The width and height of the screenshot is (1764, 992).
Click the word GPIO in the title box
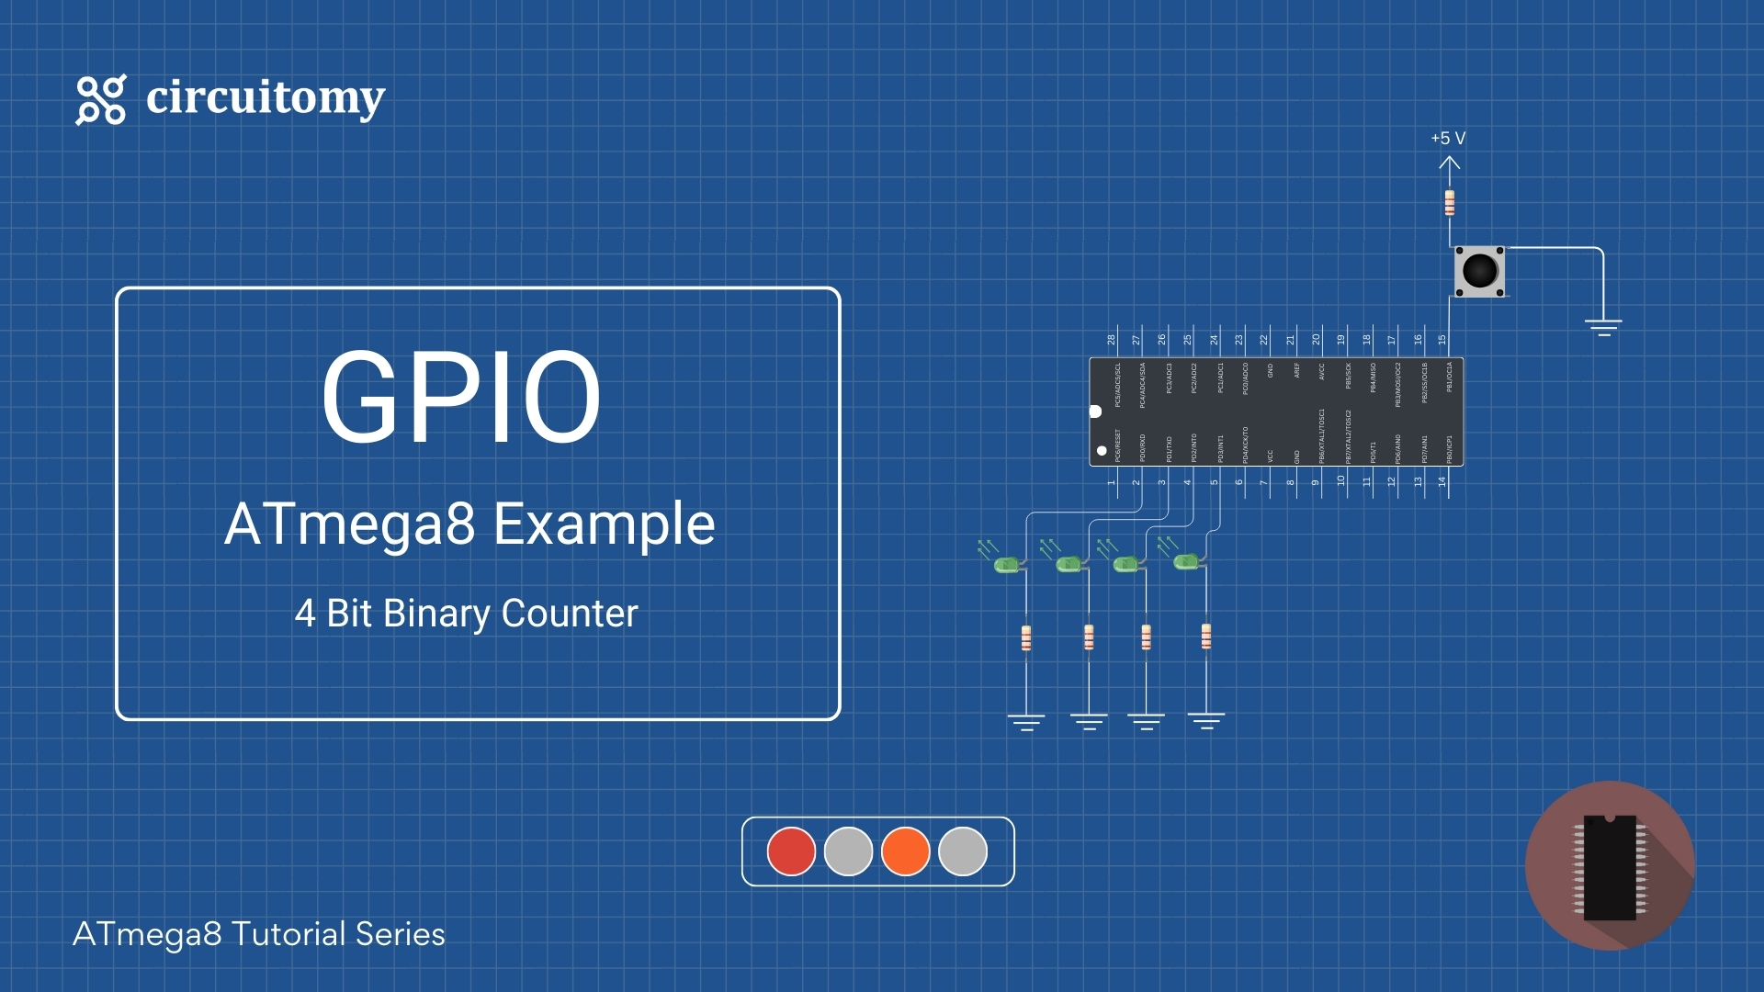[460, 397]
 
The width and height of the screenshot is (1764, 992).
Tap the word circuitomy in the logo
[266, 97]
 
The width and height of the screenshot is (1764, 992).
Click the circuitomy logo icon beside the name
[100, 99]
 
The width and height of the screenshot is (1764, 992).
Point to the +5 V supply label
[1448, 139]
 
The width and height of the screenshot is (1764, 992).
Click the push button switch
[1479, 271]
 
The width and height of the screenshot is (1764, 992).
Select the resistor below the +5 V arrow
[1450, 202]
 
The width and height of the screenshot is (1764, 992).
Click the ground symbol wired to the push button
[1603, 326]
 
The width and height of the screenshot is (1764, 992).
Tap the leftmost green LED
[1008, 564]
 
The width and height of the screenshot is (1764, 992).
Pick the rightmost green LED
[1186, 560]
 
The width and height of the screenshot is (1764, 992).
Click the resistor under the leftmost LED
[1026, 637]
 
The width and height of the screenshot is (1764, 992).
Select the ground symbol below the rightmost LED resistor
[1205, 720]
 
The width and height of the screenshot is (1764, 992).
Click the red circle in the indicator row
[791, 851]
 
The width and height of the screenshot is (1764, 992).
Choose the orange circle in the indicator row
[905, 851]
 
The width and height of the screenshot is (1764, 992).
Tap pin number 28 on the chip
[1112, 340]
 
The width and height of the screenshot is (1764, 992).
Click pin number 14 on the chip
[1442, 481]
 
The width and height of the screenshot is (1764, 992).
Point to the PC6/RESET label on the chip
[1118, 445]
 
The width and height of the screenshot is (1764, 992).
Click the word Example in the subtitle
[604, 524]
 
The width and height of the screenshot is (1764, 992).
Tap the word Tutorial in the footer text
[288, 934]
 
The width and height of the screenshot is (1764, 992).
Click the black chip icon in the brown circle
[1610, 866]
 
